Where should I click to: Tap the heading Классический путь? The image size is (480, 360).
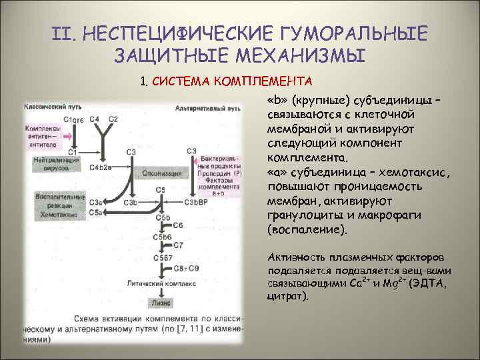49,107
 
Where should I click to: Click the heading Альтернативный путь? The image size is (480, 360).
209,107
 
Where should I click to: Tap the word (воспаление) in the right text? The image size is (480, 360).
307,229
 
